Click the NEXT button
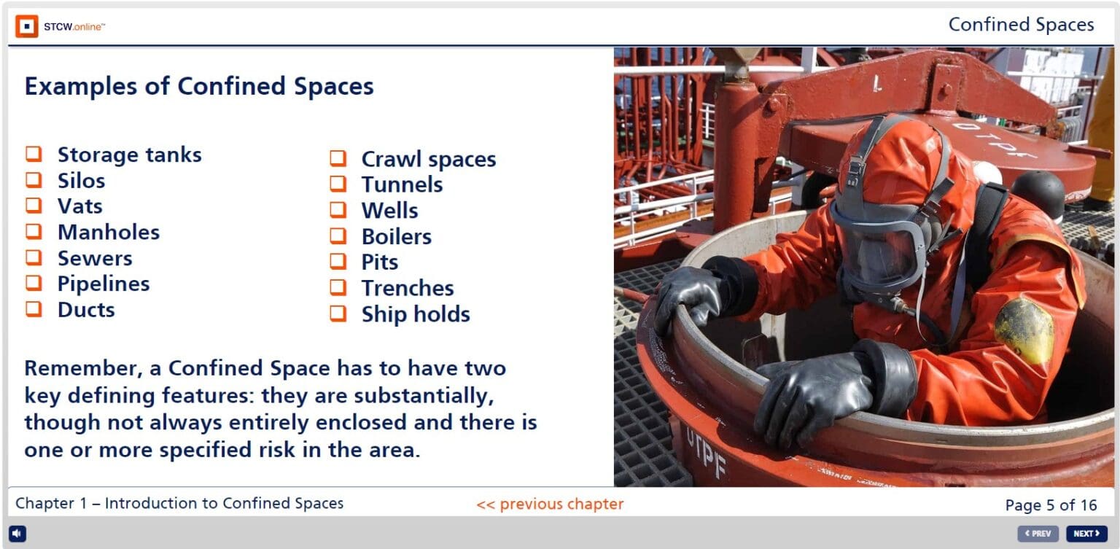pos(1086,534)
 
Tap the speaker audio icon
pos(17,534)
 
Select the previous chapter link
pos(550,504)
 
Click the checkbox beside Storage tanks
pos(34,155)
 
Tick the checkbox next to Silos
pos(34,180)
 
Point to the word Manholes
pos(108,232)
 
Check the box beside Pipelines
pos(34,284)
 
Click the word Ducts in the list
pos(86,309)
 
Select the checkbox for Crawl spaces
pos(338,158)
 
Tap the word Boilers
pos(396,236)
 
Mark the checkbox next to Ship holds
pos(338,314)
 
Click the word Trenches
pos(407,288)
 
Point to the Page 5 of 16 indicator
pos(1050,505)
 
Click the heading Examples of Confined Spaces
pos(199,86)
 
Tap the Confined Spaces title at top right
pos(1021,25)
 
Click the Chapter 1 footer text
pos(179,504)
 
